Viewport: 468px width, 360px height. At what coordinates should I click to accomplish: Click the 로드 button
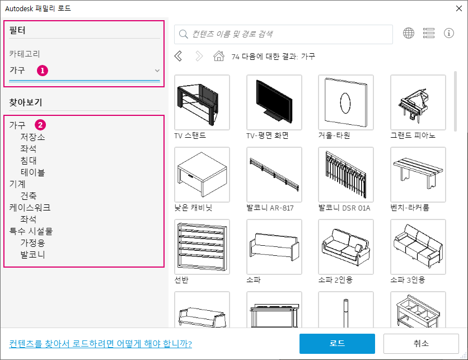coord(337,343)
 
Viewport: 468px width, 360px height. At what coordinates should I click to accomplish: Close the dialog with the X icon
coord(459,8)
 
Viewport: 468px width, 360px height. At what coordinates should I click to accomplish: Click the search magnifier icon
coord(183,34)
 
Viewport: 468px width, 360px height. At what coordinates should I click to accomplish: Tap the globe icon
coord(409,33)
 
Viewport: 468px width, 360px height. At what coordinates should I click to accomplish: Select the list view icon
coord(429,33)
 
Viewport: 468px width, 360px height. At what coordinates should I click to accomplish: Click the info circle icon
coord(449,33)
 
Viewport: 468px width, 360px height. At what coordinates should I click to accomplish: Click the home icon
coord(219,56)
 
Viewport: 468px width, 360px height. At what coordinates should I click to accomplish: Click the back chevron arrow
coord(178,56)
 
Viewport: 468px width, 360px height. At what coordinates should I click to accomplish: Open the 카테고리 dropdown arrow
coord(157,71)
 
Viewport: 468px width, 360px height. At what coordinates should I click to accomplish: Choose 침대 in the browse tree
coord(29,161)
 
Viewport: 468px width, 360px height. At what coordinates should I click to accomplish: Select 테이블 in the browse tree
coord(32,172)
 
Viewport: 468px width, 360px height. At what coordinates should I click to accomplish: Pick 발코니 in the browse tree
coord(32,255)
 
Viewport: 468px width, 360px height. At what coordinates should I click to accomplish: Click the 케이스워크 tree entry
coord(30,208)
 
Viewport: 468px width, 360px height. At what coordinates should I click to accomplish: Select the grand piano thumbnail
coord(418,102)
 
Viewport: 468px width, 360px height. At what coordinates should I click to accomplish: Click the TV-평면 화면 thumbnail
coord(274,102)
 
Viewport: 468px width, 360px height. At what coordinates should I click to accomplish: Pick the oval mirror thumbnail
coord(346,102)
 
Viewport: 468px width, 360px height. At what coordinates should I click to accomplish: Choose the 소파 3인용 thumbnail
coord(418,247)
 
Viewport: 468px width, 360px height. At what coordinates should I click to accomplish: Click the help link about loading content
coord(100,344)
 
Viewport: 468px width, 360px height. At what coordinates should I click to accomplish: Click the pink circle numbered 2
coord(40,125)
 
